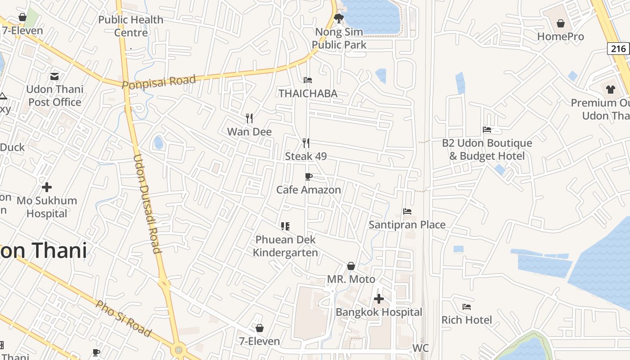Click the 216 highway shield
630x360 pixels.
[618, 48]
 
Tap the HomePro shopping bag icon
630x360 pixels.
[561, 23]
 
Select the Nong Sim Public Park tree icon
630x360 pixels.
[339, 18]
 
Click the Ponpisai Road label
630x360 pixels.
[159, 82]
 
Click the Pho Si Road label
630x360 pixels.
[123, 319]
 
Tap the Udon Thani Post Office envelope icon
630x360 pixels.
[54, 76]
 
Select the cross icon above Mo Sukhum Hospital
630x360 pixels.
[47, 187]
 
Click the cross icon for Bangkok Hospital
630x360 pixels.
[379, 298]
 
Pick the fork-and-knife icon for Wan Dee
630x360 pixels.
[249, 118]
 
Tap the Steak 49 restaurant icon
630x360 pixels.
[306, 143]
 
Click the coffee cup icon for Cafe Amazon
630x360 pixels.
[308, 176]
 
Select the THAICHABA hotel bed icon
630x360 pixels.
[308, 80]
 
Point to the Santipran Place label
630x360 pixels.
[407, 225]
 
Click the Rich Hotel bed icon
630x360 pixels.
[467, 307]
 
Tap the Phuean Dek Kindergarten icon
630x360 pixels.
[285, 226]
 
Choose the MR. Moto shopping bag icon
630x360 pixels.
[351, 266]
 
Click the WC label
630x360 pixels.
[420, 348]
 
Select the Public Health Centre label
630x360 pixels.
[130, 26]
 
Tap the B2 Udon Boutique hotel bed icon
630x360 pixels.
[487, 130]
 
